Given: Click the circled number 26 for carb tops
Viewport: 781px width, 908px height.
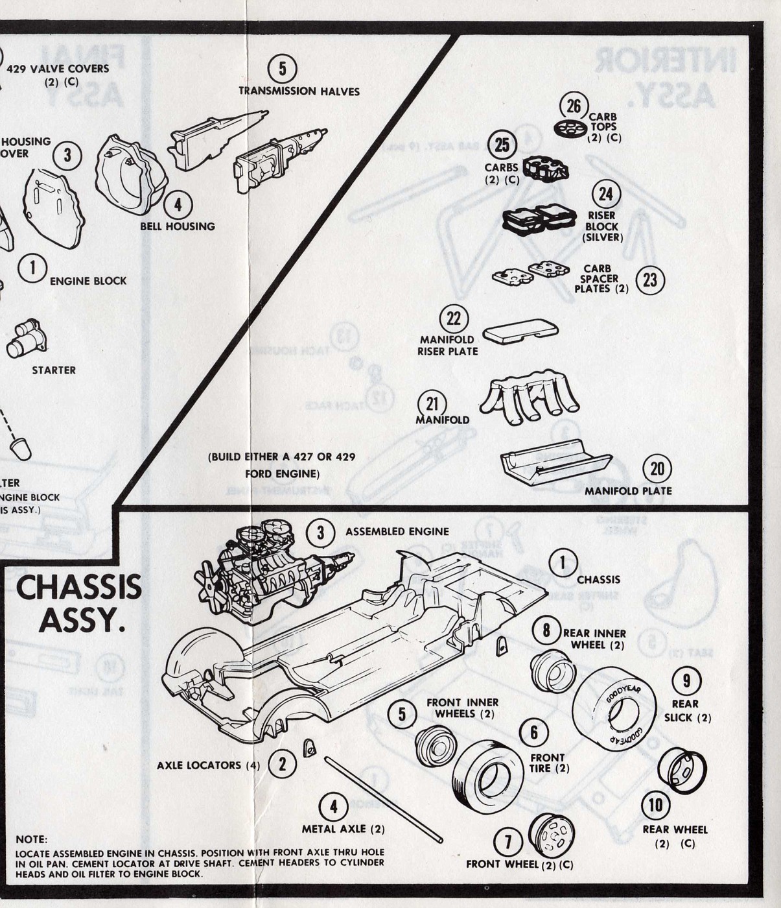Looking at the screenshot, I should [574, 106].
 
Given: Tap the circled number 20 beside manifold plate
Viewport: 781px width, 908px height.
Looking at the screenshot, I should [657, 468].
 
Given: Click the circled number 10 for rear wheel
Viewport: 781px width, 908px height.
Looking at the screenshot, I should [655, 805].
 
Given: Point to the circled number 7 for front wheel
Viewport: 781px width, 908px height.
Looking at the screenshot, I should [508, 842].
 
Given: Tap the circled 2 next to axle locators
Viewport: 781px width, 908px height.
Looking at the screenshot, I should [282, 763].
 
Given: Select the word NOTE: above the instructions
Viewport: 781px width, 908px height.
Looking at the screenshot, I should [32, 839].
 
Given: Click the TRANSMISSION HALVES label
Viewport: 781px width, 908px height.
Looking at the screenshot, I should [299, 91].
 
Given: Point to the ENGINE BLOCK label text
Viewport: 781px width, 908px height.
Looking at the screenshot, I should [88, 281].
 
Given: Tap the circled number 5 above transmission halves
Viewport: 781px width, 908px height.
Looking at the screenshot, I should [282, 68].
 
